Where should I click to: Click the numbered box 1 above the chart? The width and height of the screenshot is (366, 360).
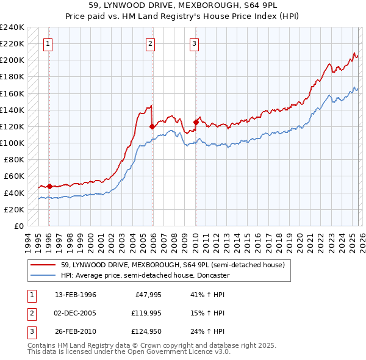pyautogui.click(x=48, y=43)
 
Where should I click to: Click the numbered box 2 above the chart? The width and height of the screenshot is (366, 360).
pyautogui.click(x=150, y=43)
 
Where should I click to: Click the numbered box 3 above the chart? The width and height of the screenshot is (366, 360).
pyautogui.click(x=194, y=43)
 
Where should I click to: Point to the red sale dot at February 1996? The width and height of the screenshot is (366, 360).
pyautogui.click(x=49, y=186)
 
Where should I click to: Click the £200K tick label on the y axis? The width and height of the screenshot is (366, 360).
pyautogui.click(x=12, y=60)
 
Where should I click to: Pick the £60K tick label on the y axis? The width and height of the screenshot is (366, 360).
pyautogui.click(x=13, y=176)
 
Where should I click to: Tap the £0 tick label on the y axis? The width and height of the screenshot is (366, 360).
pyautogui.click(x=18, y=226)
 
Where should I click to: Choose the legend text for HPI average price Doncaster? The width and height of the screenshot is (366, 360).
pyautogui.click(x=145, y=275)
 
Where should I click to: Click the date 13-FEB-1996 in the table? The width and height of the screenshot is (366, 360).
pyautogui.click(x=75, y=295)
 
